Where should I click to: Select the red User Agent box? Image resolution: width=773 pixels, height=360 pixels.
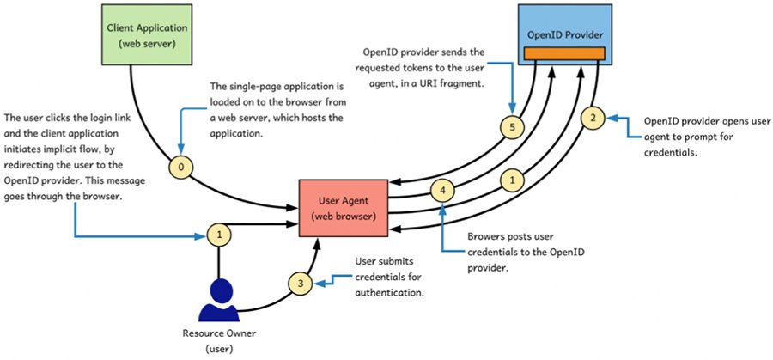click(x=341, y=206)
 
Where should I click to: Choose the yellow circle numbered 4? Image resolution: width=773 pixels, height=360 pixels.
click(x=443, y=189)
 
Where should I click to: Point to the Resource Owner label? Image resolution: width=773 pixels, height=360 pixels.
click(x=219, y=333)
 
